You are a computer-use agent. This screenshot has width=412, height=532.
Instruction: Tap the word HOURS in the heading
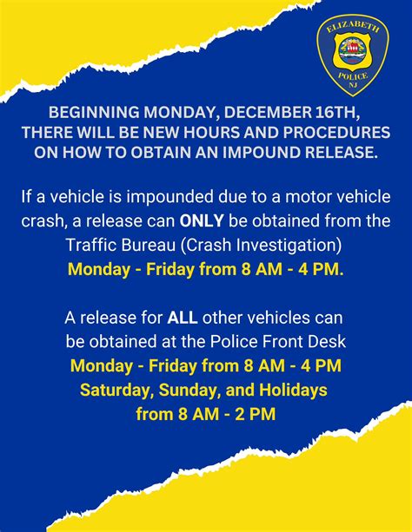point(196,133)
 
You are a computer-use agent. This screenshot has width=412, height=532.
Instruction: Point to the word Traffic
point(92,242)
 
